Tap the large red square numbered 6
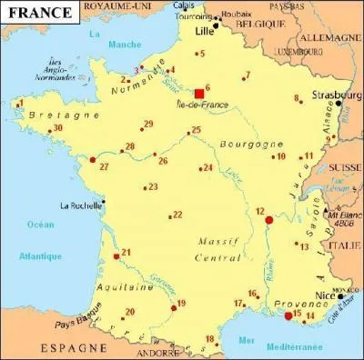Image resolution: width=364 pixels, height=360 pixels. [x=199, y=93]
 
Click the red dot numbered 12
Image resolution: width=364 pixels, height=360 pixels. [x=268, y=220]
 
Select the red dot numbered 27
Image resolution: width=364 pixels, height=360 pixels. [x=92, y=160]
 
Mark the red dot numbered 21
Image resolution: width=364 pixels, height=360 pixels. [x=116, y=257]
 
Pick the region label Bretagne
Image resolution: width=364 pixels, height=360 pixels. [x=51, y=116]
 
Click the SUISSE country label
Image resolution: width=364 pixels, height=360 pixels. [x=344, y=167]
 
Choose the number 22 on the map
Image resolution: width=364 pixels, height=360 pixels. [x=177, y=215]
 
